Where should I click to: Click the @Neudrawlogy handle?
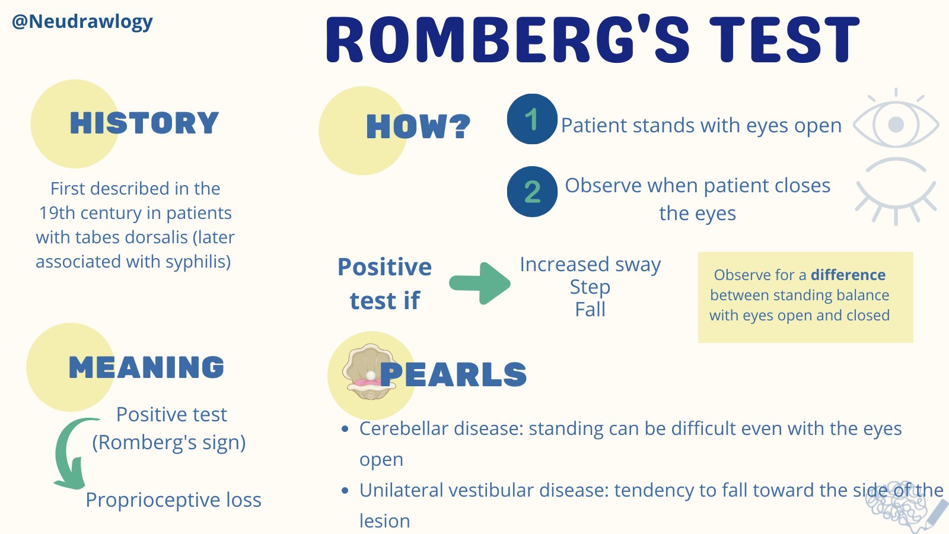tap(82, 22)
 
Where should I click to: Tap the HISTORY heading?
tap(144, 123)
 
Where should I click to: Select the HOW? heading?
tap(418, 127)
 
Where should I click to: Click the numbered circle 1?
tap(532, 119)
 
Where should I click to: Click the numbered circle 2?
tap(532, 192)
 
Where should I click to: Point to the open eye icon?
tap(896, 123)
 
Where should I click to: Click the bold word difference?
tap(848, 275)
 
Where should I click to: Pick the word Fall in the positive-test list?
tap(590, 310)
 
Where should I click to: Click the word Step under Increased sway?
tap(590, 287)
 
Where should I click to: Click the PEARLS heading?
tap(453, 374)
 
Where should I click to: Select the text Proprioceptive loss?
tap(173, 500)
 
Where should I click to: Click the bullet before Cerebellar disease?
tap(345, 429)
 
